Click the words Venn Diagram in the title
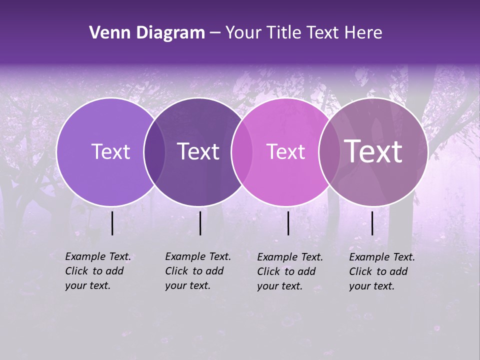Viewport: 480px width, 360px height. pyautogui.click(x=147, y=33)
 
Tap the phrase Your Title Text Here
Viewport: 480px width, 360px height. pyautogui.click(x=303, y=33)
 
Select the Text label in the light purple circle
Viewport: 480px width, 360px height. pyautogui.click(x=111, y=151)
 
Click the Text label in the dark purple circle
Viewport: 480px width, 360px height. pyautogui.click(x=198, y=151)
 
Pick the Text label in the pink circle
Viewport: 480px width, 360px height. pyautogui.click(x=285, y=151)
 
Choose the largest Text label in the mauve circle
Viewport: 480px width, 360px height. pyautogui.click(x=373, y=151)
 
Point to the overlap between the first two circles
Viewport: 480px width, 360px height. pyautogui.click(x=154, y=152)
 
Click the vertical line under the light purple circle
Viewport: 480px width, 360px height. pyautogui.click(x=112, y=223)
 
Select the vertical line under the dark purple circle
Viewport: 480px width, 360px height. pyautogui.click(x=200, y=223)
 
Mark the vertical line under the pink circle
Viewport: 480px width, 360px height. pyautogui.click(x=288, y=223)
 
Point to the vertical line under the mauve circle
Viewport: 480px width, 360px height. pyautogui.click(x=372, y=223)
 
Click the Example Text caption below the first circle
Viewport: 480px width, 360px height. pyautogui.click(x=97, y=271)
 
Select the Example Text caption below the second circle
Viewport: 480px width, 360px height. pyautogui.click(x=197, y=271)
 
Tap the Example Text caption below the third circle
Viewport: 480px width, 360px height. pyautogui.click(x=289, y=271)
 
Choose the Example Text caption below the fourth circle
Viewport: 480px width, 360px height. pyautogui.click(x=381, y=271)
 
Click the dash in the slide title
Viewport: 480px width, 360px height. pyautogui.click(x=215, y=33)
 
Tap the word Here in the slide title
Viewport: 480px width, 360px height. pyautogui.click(x=363, y=33)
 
